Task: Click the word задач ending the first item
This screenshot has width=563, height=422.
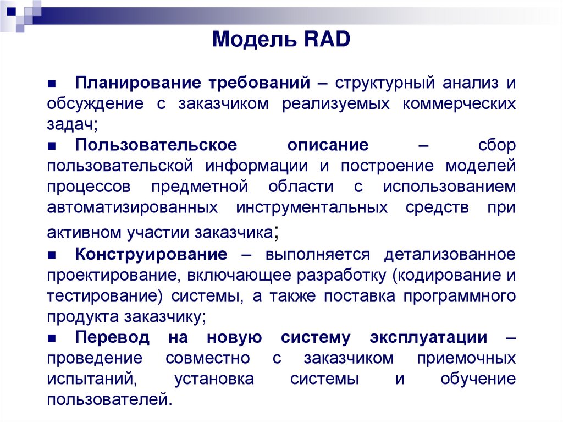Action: [x=71, y=124]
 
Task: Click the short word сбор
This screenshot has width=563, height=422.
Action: [x=496, y=145]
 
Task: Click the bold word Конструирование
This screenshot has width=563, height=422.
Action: [x=151, y=255]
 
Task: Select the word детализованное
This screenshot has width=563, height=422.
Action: [x=450, y=255]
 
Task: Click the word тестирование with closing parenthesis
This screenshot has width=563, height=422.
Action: [x=104, y=295]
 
